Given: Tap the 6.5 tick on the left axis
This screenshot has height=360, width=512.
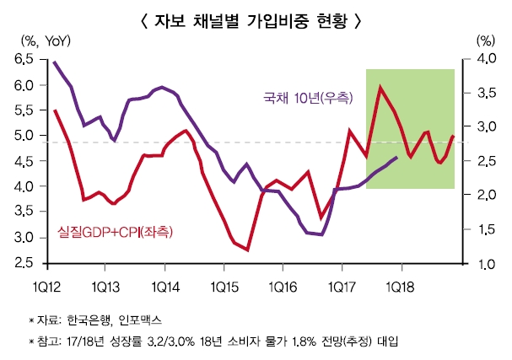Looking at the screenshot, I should click(24, 59).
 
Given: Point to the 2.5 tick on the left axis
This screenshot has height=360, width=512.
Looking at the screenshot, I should click(24, 264).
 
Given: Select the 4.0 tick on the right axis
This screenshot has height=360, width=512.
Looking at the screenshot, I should click(485, 59).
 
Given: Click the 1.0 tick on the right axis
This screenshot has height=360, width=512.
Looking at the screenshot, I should click(485, 264).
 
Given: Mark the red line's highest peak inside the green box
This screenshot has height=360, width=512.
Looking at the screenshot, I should click(381, 87).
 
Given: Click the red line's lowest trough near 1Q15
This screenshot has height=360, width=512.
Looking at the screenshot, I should click(248, 250).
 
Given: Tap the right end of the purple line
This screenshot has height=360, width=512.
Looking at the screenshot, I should click(397, 157).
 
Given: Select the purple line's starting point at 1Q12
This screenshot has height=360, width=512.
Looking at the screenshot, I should click(54, 62).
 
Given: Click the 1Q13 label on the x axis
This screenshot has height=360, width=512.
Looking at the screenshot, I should click(105, 286).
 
